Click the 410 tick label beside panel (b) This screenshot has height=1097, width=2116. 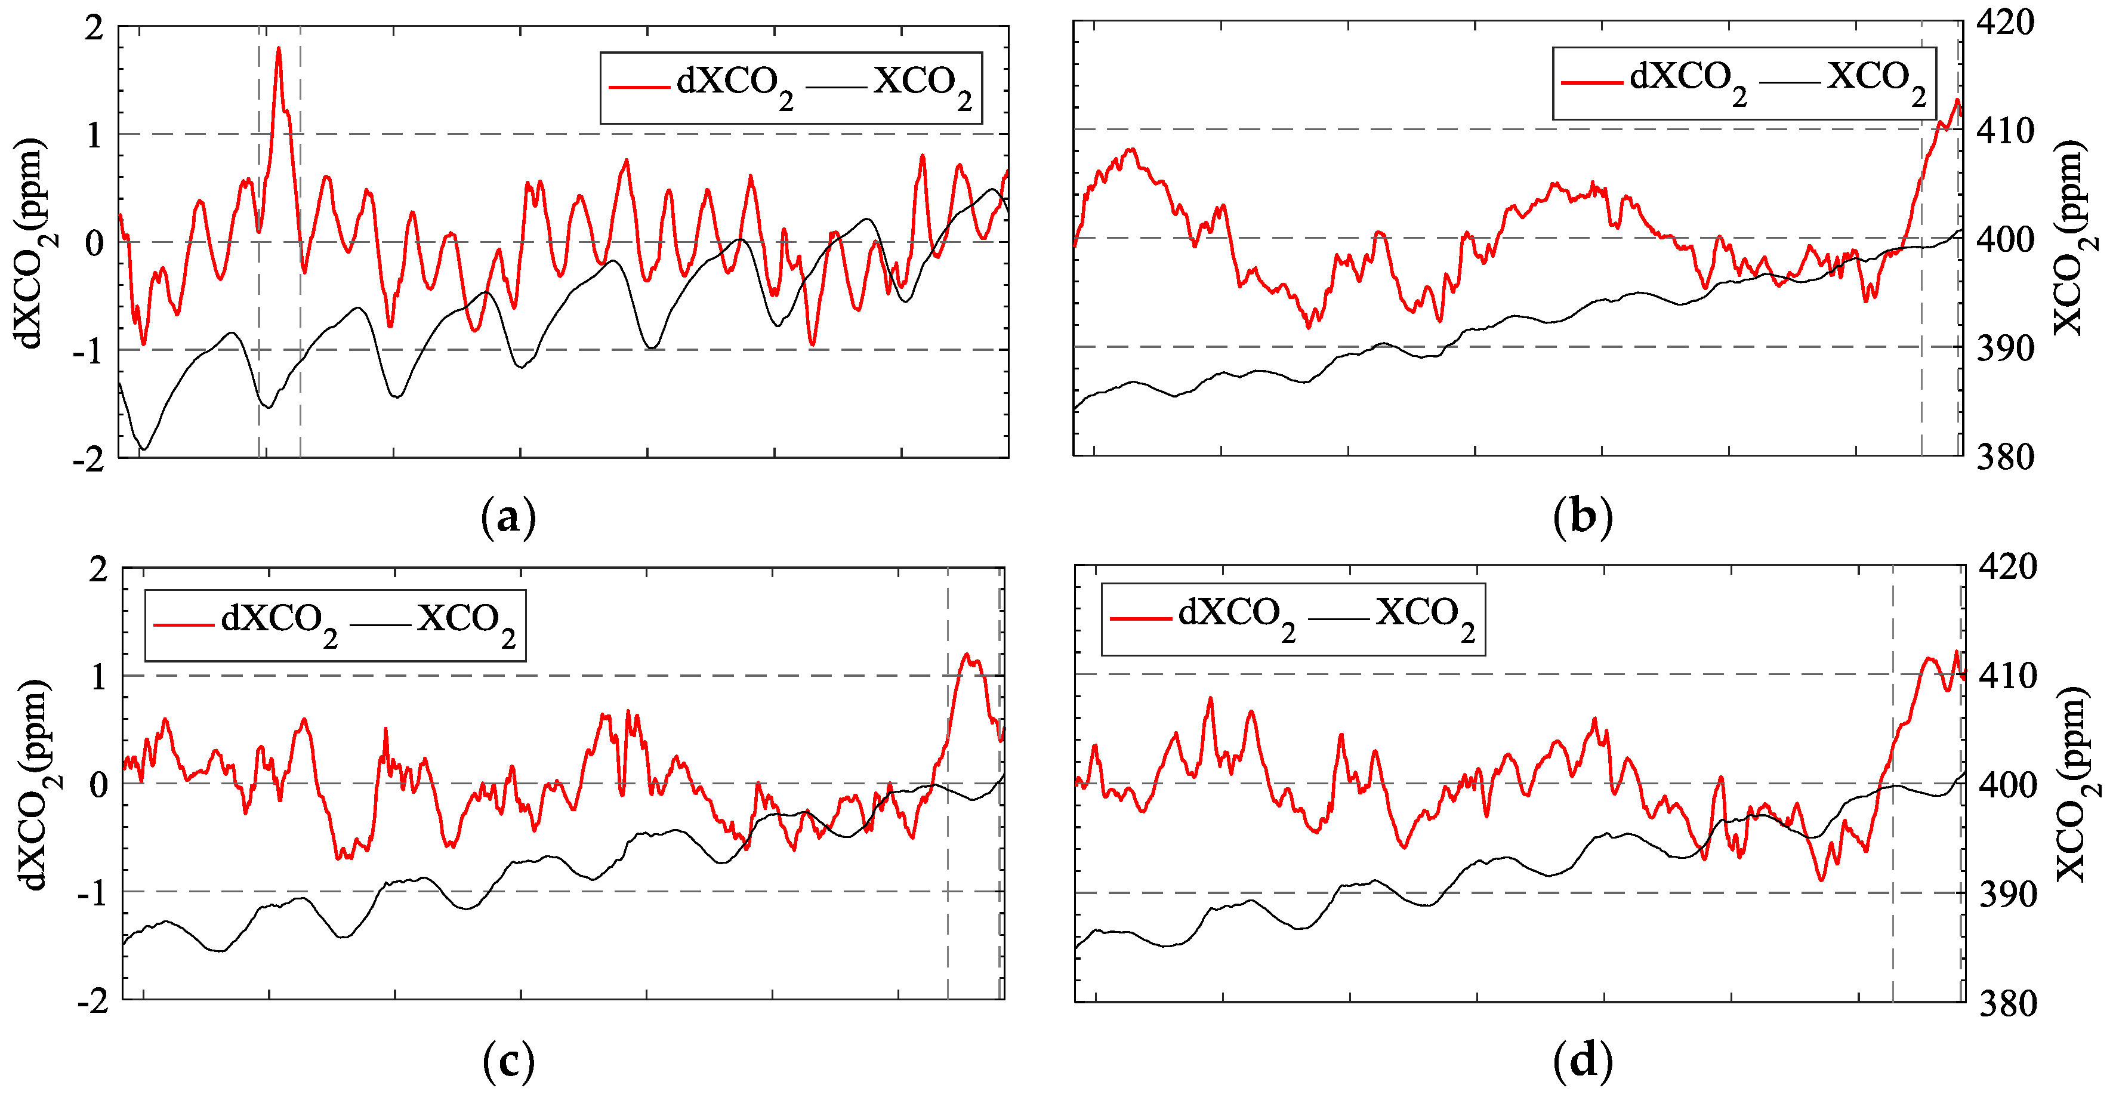(2005, 131)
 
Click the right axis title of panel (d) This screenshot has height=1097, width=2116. (2077, 785)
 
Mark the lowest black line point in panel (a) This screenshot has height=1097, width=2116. (144, 449)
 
